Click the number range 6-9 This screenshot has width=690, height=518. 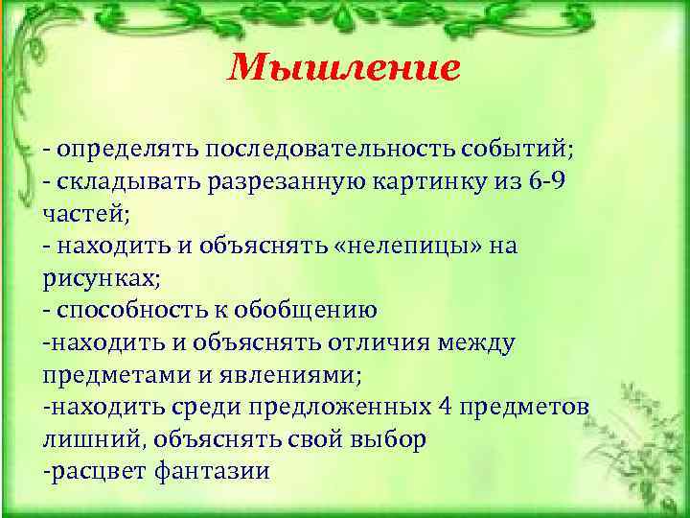(546, 182)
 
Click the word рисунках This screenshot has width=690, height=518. (100, 278)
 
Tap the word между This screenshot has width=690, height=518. (481, 342)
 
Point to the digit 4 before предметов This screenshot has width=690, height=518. (445, 408)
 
